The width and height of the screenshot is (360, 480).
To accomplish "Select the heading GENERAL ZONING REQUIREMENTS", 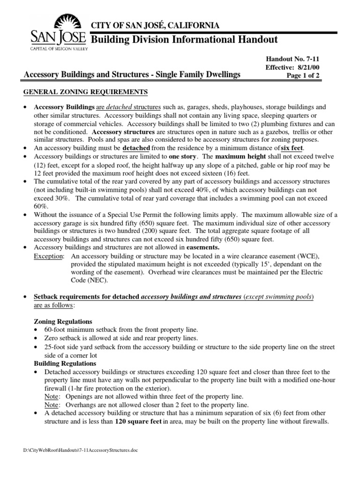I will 86,91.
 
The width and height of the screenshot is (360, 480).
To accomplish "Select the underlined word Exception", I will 49,256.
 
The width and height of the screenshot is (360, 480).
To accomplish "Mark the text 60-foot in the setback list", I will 56,330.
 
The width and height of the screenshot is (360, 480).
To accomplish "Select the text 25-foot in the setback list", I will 56,347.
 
